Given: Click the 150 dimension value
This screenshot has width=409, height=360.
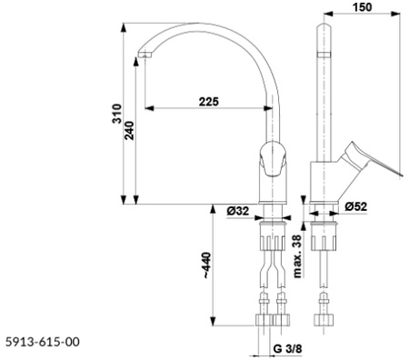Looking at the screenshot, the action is click(x=362, y=6).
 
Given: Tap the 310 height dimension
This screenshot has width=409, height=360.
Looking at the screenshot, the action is click(x=117, y=114).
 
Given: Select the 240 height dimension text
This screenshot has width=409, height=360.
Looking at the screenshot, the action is click(x=130, y=130).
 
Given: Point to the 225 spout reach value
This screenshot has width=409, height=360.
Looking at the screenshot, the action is click(x=208, y=102).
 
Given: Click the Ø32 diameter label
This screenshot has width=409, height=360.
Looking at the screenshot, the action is click(x=238, y=211).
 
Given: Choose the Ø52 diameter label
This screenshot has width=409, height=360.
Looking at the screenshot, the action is click(x=355, y=206).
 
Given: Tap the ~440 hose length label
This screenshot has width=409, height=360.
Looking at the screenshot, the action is click(x=207, y=265).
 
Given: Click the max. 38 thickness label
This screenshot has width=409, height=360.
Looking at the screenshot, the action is click(x=297, y=256).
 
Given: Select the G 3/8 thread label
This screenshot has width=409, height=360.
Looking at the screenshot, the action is click(x=287, y=348).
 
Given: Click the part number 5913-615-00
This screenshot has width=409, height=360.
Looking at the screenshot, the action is click(x=43, y=342).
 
